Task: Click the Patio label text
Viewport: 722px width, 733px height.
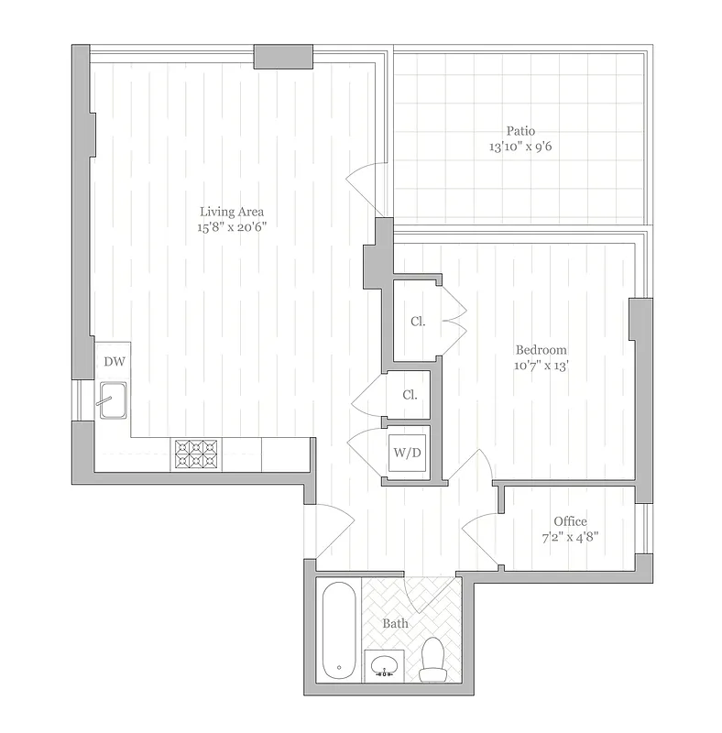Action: pyautogui.click(x=519, y=130)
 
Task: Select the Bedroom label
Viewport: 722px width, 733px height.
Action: pyautogui.click(x=541, y=350)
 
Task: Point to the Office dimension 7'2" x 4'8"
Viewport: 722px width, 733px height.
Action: pyautogui.click(x=570, y=538)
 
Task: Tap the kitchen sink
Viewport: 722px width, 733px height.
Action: pyautogui.click(x=113, y=399)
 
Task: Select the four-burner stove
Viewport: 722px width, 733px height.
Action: pyautogui.click(x=197, y=455)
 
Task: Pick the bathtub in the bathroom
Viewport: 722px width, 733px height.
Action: pyautogui.click(x=338, y=632)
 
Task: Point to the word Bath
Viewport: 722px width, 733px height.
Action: pyautogui.click(x=396, y=624)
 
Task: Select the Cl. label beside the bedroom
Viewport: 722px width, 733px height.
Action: pyautogui.click(x=418, y=322)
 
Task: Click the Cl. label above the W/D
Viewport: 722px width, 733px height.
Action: pyautogui.click(x=410, y=396)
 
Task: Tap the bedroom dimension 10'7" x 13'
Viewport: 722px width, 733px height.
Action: pyautogui.click(x=541, y=366)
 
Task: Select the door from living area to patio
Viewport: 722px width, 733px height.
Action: pyautogui.click(x=370, y=181)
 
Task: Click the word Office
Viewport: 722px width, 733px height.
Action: pyautogui.click(x=570, y=521)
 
